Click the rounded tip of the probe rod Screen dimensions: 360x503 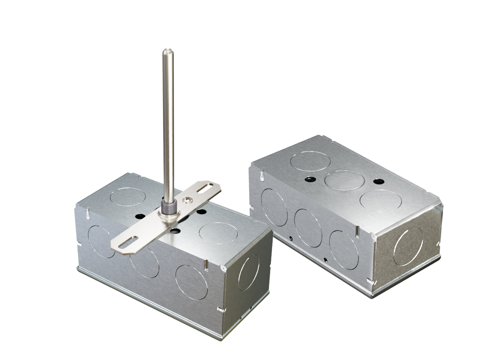pos(165,53)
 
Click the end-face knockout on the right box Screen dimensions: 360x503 pos(408,246)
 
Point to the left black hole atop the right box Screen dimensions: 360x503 pos(309,179)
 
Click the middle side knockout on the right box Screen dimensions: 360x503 pos(308,228)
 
